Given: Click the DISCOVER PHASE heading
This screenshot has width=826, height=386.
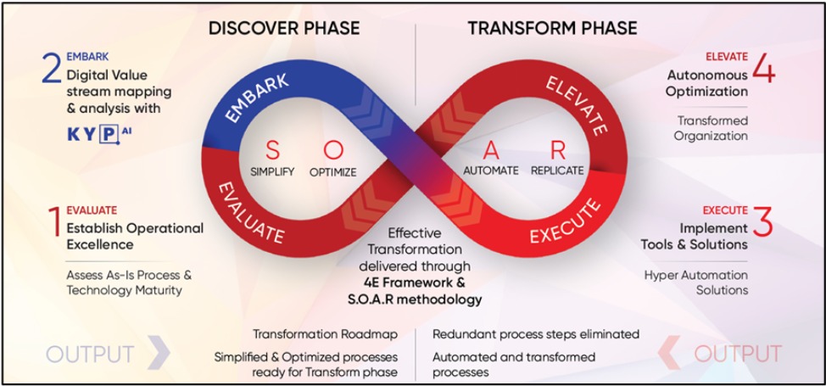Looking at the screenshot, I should [x=284, y=28].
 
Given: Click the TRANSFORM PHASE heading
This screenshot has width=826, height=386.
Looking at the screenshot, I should [x=552, y=28].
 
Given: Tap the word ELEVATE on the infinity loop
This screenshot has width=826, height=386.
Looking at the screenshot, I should [x=576, y=106].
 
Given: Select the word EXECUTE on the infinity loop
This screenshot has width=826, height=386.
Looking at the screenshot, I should [x=565, y=223].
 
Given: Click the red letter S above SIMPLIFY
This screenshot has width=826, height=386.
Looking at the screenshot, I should [x=271, y=151].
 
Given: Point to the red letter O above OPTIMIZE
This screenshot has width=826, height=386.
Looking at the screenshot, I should [x=332, y=151].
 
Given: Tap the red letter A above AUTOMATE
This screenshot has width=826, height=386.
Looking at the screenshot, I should [x=489, y=151].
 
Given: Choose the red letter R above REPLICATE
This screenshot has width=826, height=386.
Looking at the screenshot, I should [x=557, y=151].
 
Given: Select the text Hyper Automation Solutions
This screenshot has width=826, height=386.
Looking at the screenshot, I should [x=695, y=283].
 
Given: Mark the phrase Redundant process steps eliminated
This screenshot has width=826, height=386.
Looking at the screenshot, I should [x=535, y=334].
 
